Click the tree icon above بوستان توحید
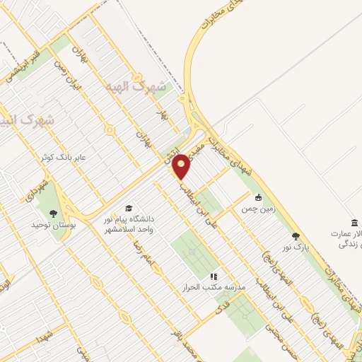point(52,211)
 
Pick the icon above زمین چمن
point(259,197)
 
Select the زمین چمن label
point(257,210)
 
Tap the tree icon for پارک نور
point(296,237)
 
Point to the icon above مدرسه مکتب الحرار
point(213,276)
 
